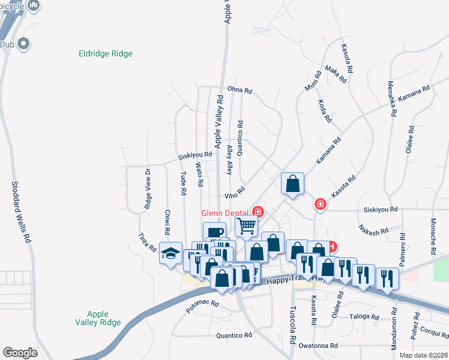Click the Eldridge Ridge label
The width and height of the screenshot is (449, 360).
pos(106,54)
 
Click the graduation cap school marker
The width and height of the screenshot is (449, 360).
pos(170,253)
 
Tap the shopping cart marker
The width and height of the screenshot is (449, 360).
pos(246,226)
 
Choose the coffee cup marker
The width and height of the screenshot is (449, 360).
pos(214,232)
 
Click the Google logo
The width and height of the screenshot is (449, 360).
pos(20,353)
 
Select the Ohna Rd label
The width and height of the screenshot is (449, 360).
pos(240,91)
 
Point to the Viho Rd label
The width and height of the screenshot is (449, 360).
pos(235,194)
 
